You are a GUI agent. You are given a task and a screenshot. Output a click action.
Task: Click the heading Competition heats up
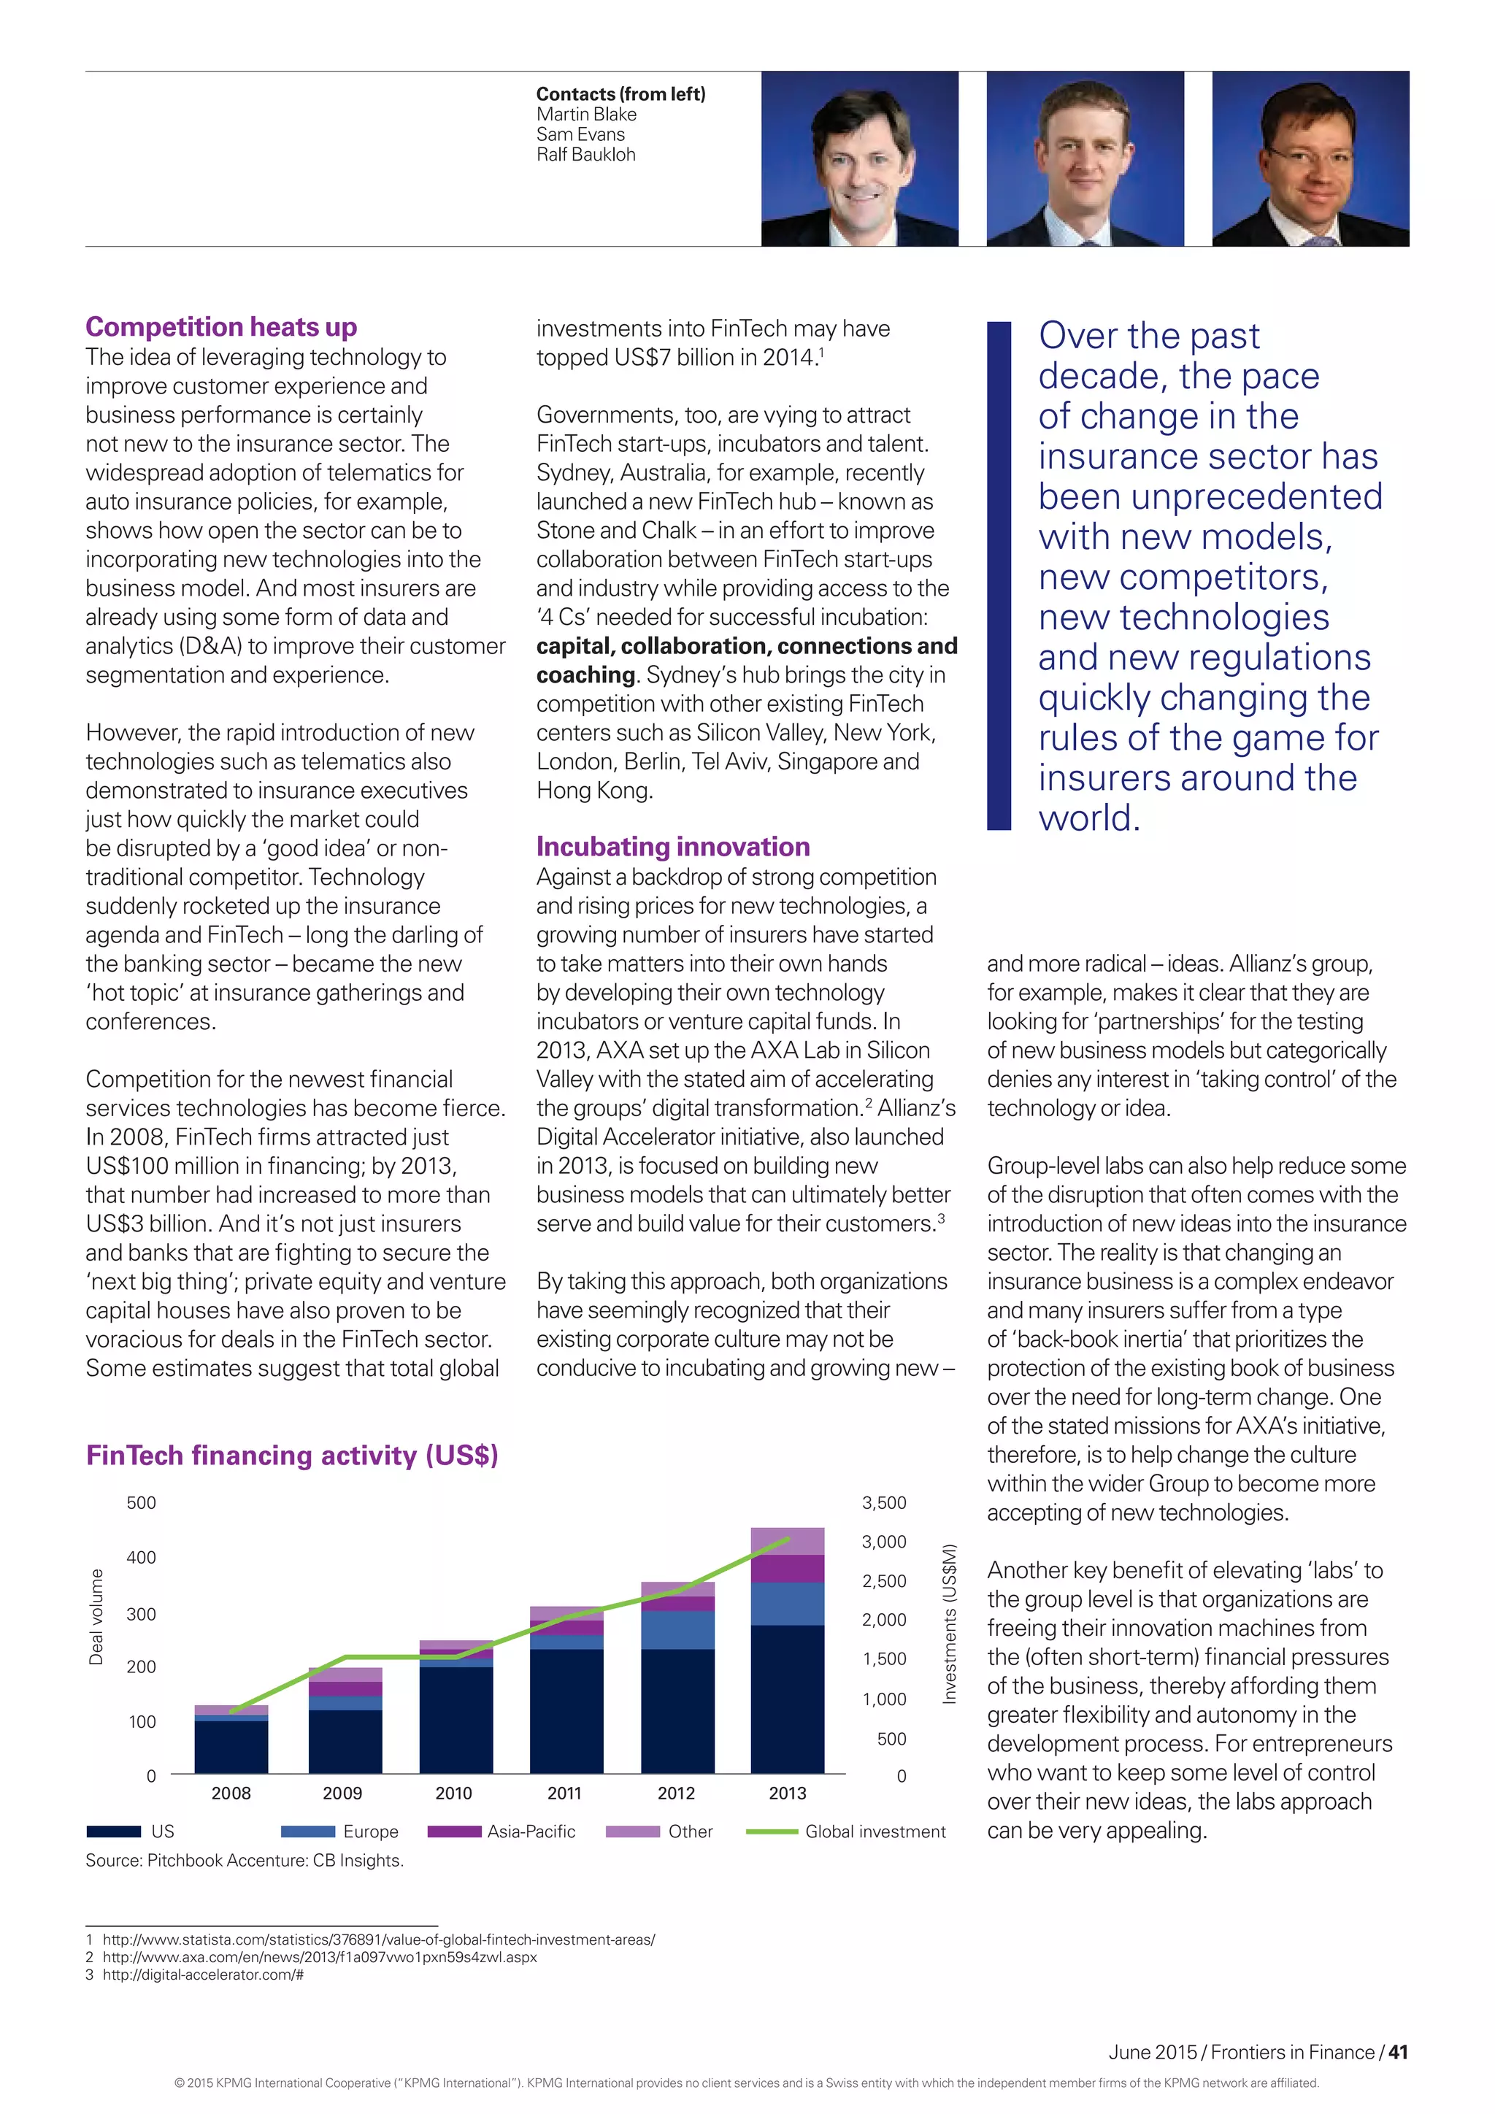[221, 327]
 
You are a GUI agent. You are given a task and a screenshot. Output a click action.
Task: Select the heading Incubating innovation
[673, 846]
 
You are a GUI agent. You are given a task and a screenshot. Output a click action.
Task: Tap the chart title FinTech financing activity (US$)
[292, 1455]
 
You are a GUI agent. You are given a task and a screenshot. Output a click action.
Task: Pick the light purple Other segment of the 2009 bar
[345, 1675]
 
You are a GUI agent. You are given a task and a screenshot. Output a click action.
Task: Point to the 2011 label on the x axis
[564, 1793]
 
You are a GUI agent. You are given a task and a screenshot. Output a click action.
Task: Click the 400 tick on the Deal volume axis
[141, 1558]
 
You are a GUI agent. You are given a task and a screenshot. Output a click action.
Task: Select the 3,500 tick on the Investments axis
[884, 1502]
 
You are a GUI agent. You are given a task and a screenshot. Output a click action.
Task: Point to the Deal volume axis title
[96, 1617]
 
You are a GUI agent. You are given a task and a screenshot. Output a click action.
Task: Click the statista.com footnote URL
[378, 1939]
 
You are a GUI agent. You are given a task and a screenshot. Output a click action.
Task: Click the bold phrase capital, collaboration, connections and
[747, 646]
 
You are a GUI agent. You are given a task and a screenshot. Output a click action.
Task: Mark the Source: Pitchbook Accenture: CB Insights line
[245, 1860]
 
